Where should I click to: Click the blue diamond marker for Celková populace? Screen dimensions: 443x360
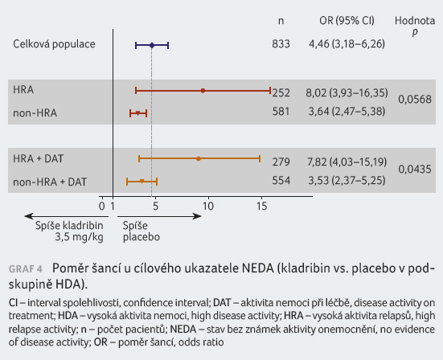pyautogui.click(x=152, y=45)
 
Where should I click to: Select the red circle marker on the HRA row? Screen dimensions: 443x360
pyautogui.click(x=203, y=91)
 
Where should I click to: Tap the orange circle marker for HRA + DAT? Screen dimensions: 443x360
pyautogui.click(x=199, y=158)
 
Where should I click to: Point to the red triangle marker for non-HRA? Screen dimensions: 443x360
pyautogui.click(x=137, y=113)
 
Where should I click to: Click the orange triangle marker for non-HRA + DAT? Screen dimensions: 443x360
pyautogui.click(x=142, y=182)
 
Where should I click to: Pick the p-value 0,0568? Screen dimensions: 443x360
pyautogui.click(x=415, y=100)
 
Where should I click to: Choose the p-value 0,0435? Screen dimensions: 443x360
pyautogui.click(x=415, y=169)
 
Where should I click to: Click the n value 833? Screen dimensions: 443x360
pyautogui.click(x=281, y=44)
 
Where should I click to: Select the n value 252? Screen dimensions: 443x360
pyautogui.click(x=281, y=92)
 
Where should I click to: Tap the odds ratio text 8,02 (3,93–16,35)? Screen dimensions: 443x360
pyautogui.click(x=347, y=92)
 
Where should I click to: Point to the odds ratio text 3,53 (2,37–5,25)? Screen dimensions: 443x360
pyautogui.click(x=347, y=180)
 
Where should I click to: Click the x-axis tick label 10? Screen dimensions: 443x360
pyautogui.click(x=208, y=207)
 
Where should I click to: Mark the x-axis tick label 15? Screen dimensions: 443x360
pyautogui.click(x=261, y=207)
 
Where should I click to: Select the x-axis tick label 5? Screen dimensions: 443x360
pyautogui.click(x=155, y=207)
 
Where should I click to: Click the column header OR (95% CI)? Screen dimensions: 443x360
pyautogui.click(x=347, y=21)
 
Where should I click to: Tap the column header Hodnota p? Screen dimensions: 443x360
pyautogui.click(x=415, y=26)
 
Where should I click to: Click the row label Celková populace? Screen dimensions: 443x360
pyautogui.click(x=54, y=44)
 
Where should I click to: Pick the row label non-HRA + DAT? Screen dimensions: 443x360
pyautogui.click(x=50, y=182)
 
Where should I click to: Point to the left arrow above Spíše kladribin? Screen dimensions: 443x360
pyautogui.click(x=67, y=217)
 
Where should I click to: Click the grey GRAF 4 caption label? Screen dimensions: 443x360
pyautogui.click(x=26, y=269)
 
